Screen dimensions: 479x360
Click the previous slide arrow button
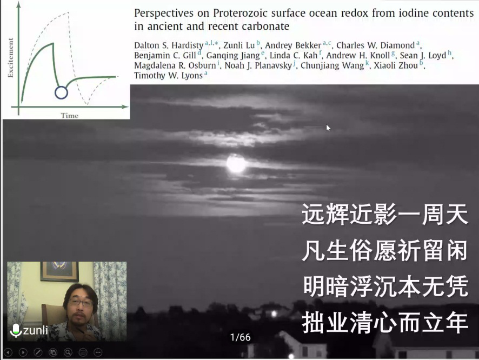[x=8, y=352]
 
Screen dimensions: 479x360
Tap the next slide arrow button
[x=23, y=352]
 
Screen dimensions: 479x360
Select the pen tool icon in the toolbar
[x=38, y=352]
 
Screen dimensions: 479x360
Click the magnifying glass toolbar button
[x=68, y=352]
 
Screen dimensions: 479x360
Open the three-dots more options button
[x=98, y=352]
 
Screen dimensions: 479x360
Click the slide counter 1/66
[x=241, y=337]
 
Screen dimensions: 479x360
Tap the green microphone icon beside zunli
[x=16, y=330]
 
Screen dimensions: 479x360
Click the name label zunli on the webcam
[x=36, y=330]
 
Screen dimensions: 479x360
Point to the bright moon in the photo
[x=236, y=163]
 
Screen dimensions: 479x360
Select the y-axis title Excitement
[x=11, y=58]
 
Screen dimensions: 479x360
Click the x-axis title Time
[x=70, y=116]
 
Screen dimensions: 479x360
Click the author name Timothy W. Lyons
[x=168, y=76]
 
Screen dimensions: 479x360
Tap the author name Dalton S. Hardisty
[x=169, y=45]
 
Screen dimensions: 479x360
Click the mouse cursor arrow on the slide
[x=328, y=128]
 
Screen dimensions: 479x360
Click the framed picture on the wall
[x=59, y=271]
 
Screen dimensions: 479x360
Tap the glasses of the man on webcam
[x=81, y=303]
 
